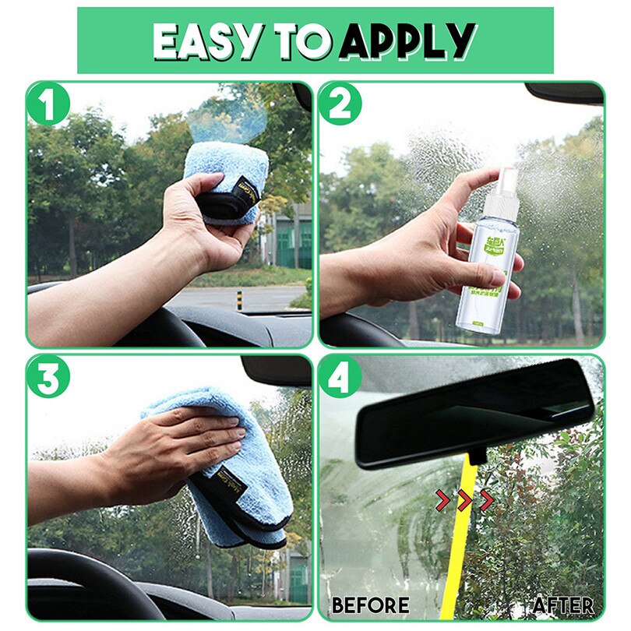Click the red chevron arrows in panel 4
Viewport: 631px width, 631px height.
[x=464, y=500]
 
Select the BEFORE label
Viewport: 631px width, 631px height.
[x=370, y=605]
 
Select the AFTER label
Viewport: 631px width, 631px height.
[x=563, y=605]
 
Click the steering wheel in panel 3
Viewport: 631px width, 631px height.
[x=86, y=576]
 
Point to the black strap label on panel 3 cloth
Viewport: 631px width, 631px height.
[x=234, y=490]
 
